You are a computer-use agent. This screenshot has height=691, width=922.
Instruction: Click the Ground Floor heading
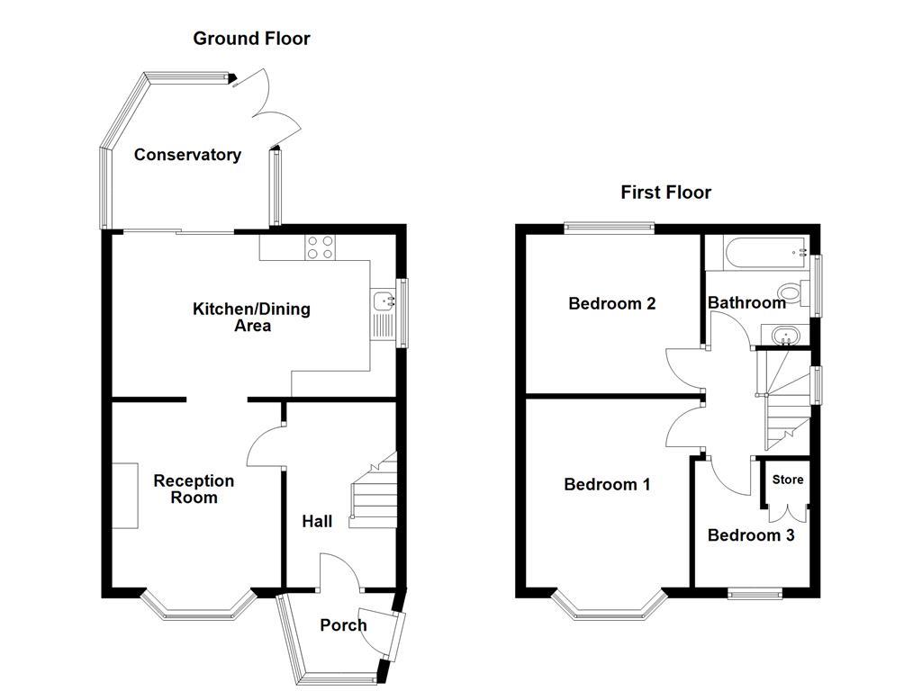pyautogui.click(x=251, y=38)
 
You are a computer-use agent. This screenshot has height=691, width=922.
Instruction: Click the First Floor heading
pyautogui.click(x=665, y=192)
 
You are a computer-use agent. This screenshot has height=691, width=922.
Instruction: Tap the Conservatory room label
pyautogui.click(x=187, y=155)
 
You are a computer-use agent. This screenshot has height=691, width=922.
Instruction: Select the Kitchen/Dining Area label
pyautogui.click(x=251, y=317)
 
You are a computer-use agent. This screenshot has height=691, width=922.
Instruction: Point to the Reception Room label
pyautogui.click(x=193, y=489)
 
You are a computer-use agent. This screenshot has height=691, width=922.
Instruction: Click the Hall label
pyautogui.click(x=317, y=521)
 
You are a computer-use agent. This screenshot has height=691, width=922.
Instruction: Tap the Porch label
pyautogui.click(x=343, y=625)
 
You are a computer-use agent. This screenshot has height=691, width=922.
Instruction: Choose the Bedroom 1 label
pyautogui.click(x=607, y=485)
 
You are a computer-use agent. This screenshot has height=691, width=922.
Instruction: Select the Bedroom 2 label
pyautogui.click(x=611, y=303)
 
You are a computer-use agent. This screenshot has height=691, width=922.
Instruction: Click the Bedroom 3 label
pyautogui.click(x=751, y=535)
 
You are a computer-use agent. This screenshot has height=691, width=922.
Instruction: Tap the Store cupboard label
pyautogui.click(x=787, y=480)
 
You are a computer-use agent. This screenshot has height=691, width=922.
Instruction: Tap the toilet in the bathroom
pyautogui.click(x=791, y=292)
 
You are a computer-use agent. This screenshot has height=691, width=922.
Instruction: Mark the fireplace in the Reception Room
pyautogui.click(x=124, y=496)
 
